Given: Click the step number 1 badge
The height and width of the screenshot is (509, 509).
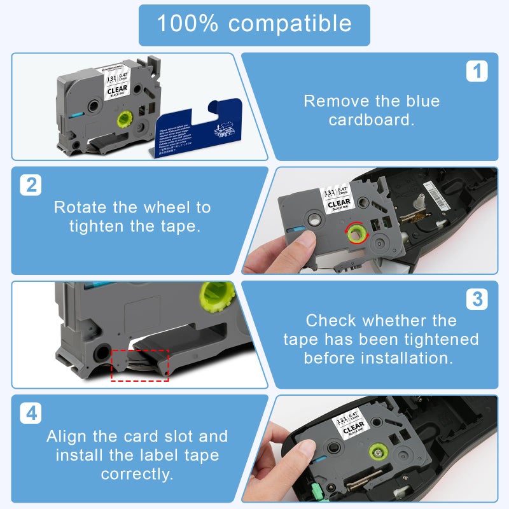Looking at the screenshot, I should coord(477,71).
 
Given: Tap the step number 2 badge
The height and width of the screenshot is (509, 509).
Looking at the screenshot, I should coord(31,185).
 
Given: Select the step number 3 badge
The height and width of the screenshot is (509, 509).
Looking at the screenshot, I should coord(477,299).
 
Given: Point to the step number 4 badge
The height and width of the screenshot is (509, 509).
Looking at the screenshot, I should coord(31,414).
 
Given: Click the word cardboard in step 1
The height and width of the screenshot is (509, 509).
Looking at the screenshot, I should coord(372,120).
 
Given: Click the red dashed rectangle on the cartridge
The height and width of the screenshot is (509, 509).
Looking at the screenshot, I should coord(140,365).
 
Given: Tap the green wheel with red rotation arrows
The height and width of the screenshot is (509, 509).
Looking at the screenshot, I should coord(354,233).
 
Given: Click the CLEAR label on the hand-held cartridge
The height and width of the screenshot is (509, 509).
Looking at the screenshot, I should coord(338,204).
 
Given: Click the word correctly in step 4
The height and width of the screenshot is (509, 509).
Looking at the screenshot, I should coord(136,475).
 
